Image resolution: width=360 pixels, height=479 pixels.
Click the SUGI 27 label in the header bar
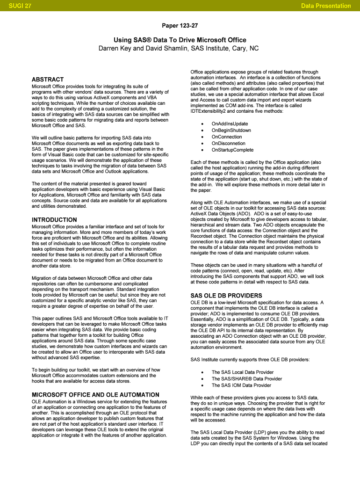15,6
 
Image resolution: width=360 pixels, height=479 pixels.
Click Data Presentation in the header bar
326,6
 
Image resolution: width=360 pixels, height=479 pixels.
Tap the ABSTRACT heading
48,80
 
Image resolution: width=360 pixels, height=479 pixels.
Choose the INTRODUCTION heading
54,220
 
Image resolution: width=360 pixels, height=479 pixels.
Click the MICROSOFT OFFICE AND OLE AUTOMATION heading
95,395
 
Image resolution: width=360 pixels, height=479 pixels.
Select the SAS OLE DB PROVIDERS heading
226,296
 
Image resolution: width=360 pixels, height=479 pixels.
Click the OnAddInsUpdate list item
230,123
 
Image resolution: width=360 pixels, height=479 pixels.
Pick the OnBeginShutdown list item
231,130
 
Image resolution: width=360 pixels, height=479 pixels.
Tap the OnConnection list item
227,137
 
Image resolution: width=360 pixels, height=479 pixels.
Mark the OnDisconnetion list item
228,143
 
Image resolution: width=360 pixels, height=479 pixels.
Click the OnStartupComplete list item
232,150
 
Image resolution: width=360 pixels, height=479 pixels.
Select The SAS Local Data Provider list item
242,372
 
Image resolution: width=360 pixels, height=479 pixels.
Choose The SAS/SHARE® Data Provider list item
246,379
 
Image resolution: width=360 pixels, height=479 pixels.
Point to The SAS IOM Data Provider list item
241,385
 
